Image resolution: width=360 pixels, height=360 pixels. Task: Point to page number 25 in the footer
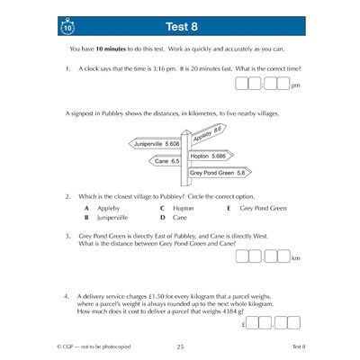click(x=180, y=346)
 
